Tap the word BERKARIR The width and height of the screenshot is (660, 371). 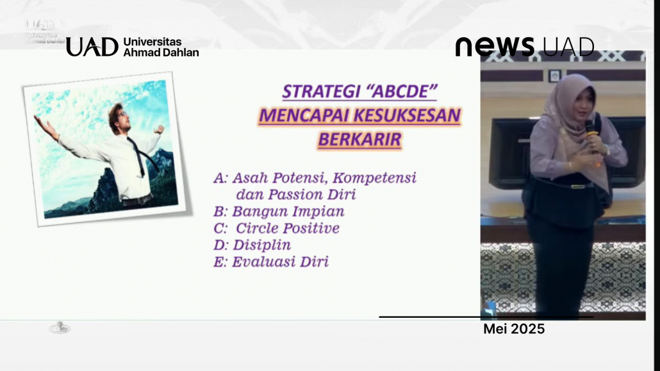(360, 140)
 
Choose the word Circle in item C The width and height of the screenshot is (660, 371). (256, 228)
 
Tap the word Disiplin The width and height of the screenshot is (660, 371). (262, 245)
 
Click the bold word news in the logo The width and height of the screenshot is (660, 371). (495, 46)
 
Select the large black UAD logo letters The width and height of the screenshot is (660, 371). (92, 46)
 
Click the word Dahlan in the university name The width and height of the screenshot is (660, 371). (179, 53)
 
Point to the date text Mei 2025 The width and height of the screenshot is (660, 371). (514, 329)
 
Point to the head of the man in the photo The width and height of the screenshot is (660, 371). (118, 117)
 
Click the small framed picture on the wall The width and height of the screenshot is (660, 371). (555, 76)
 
